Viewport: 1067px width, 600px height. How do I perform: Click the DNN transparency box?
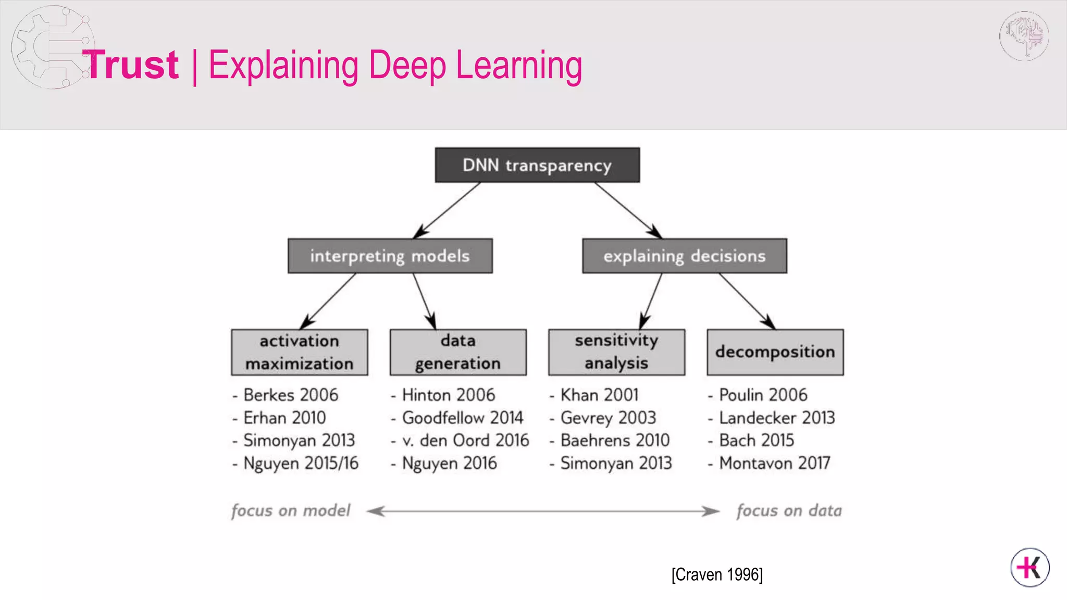(x=537, y=165)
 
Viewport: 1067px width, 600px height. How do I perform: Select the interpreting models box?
(x=390, y=256)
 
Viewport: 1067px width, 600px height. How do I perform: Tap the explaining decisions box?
(x=684, y=256)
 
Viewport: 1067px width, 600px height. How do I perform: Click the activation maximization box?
(x=300, y=352)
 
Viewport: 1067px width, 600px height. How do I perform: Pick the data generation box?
(x=458, y=352)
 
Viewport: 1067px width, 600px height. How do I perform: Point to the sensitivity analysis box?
(x=616, y=352)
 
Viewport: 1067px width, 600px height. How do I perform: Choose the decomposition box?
(x=775, y=352)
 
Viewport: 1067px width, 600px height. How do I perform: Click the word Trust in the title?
(x=131, y=65)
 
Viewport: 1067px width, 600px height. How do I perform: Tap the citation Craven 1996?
(x=717, y=574)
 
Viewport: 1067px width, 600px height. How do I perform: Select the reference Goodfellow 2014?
(x=462, y=418)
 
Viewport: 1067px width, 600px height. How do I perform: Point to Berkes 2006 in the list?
(x=290, y=395)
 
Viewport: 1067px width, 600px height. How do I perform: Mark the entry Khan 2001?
(x=599, y=395)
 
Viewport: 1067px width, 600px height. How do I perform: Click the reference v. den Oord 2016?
(x=465, y=441)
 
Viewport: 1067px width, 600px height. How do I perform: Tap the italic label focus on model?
(x=291, y=510)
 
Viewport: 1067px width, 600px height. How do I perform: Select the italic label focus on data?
(x=789, y=510)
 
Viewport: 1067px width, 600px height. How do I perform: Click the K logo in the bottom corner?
(x=1029, y=567)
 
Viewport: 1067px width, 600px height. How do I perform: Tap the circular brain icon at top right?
(x=1024, y=36)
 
